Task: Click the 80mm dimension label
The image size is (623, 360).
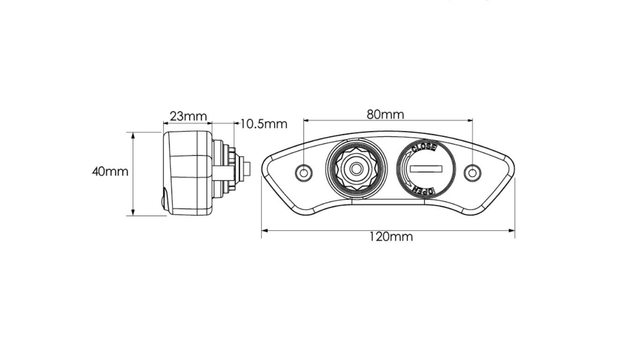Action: [x=385, y=114]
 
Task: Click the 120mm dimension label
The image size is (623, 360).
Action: [x=391, y=237]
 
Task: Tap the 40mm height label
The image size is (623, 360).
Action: [x=110, y=172]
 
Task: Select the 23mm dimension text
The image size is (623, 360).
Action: [x=188, y=116]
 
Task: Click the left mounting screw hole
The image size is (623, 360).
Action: [x=304, y=173]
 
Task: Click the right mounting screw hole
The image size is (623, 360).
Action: [x=473, y=173]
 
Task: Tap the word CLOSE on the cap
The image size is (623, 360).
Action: [x=424, y=147]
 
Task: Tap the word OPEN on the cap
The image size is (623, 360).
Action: [x=423, y=190]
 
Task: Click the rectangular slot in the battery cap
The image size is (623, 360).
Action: [x=426, y=169]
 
